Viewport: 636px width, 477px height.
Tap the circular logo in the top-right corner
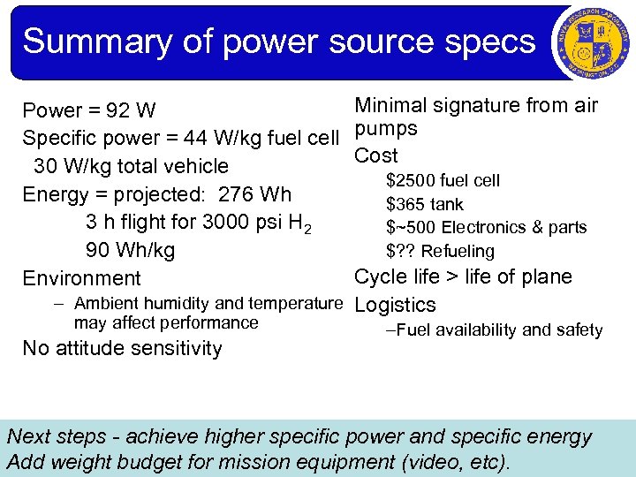(x=590, y=42)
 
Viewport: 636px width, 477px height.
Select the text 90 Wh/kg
(x=130, y=250)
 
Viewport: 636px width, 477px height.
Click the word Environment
(x=81, y=278)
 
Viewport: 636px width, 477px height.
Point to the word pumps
(x=385, y=130)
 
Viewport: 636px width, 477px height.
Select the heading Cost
(x=375, y=155)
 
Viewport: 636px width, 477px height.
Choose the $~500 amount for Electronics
(x=409, y=228)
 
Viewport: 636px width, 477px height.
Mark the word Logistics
(x=395, y=306)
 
